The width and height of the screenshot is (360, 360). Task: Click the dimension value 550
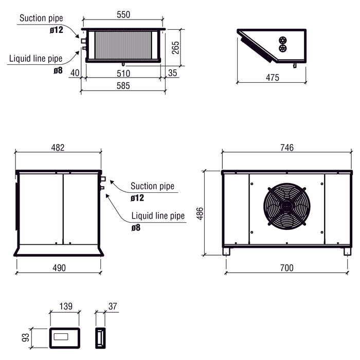[123, 15]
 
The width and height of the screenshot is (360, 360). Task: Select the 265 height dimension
[175, 47]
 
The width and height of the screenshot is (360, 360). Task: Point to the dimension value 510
[123, 73]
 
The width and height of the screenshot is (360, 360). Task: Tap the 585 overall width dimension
[123, 86]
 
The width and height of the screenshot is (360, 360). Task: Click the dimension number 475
[273, 78]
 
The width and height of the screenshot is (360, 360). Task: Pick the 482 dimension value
[58, 148]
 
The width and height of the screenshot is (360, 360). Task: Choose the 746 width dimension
[287, 148]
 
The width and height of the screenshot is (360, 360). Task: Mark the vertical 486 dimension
[200, 213]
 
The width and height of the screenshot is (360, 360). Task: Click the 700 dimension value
[287, 268]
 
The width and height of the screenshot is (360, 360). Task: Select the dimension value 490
[58, 268]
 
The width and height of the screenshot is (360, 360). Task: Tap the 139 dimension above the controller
[65, 307]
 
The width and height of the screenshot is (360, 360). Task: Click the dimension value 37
[113, 307]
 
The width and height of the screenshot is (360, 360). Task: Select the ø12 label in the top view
[57, 30]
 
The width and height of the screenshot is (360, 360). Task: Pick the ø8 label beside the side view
[136, 227]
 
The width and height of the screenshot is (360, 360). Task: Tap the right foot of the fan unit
[347, 251]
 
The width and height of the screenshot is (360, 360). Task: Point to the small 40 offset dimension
[75, 73]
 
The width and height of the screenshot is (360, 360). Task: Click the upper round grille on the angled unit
[282, 40]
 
